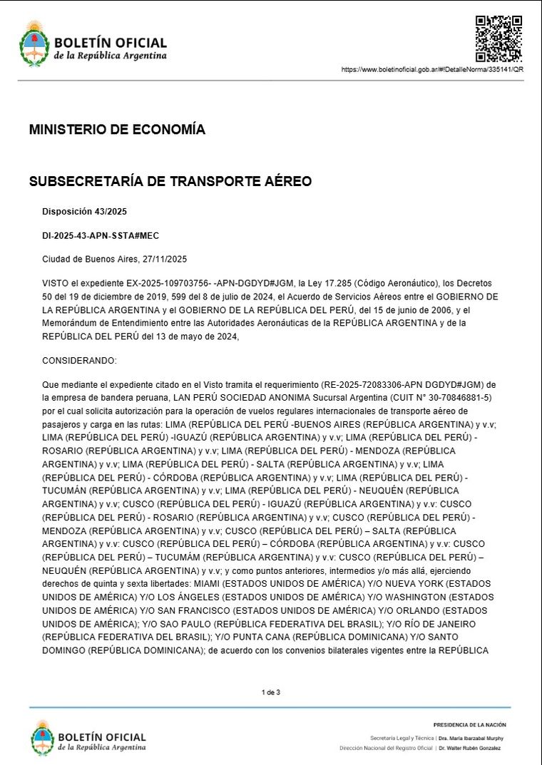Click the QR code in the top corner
click(x=499, y=38)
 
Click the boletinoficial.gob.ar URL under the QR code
click(x=432, y=70)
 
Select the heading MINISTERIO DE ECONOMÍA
click(x=117, y=130)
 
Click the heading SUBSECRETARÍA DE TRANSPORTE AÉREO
click(x=170, y=182)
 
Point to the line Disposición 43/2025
click(x=84, y=212)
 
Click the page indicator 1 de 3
click(x=271, y=692)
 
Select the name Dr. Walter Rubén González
click(x=470, y=748)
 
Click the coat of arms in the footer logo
click(x=42, y=737)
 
